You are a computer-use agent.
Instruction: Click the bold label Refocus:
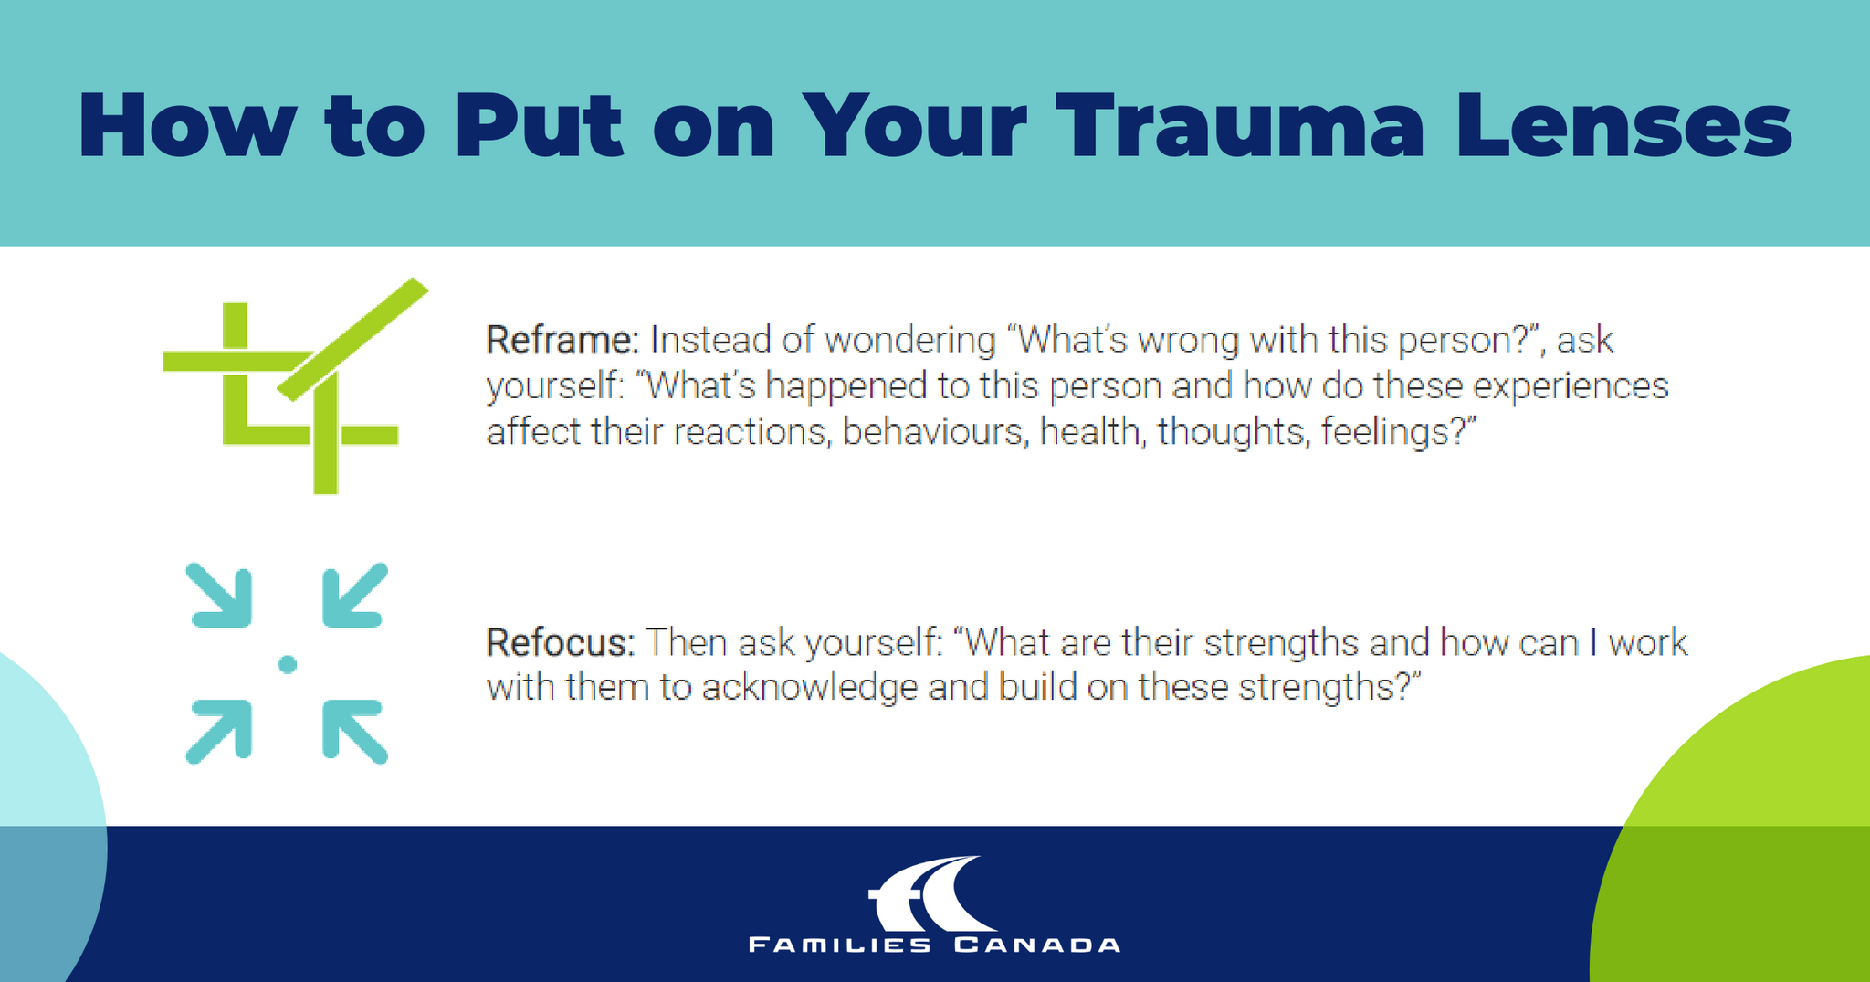tap(560, 642)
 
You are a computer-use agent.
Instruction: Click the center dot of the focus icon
tap(288, 664)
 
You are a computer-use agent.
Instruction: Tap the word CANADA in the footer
tap(1037, 945)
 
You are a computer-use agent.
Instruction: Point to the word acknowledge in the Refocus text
tap(809, 687)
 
